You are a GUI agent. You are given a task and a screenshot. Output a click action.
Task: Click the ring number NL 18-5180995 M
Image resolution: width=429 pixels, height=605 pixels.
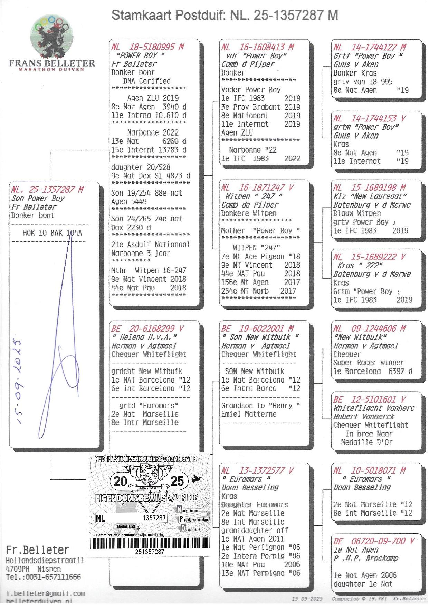coord(147,47)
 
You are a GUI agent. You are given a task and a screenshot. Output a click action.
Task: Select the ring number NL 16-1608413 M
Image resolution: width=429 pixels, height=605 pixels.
coord(258,47)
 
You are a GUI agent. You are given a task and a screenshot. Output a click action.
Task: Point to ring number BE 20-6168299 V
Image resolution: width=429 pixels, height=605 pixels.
coord(147,329)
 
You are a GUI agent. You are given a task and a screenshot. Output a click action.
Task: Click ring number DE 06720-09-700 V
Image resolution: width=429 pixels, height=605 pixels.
coord(373,541)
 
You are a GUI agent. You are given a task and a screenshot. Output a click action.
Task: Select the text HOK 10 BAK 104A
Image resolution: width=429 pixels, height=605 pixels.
coord(53,233)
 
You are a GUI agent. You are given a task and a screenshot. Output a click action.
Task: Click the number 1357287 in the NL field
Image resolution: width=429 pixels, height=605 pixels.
coord(154,518)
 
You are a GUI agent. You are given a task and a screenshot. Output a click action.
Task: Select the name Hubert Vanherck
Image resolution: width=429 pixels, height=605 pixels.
coord(364,416)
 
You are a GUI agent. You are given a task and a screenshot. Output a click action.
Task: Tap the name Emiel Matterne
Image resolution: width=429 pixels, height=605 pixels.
coord(249,414)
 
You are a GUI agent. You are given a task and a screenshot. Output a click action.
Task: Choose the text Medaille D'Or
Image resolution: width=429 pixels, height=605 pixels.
coord(367,442)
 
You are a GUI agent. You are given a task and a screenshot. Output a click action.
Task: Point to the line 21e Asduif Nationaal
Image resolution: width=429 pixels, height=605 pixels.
coord(151,245)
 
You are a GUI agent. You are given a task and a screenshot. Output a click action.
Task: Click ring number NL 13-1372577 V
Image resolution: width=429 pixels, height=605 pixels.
coord(258,470)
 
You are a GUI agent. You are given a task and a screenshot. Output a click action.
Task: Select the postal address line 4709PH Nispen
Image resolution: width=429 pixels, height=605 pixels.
coord(34,569)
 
